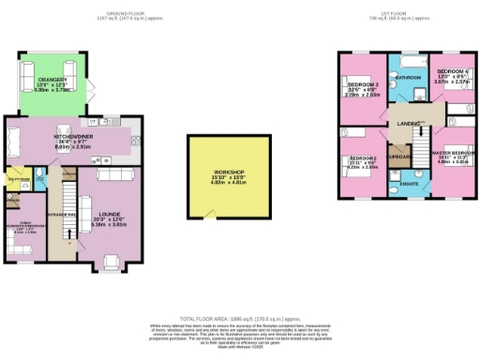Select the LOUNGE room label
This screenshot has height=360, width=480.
point(110,193)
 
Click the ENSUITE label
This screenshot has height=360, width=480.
point(410,184)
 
